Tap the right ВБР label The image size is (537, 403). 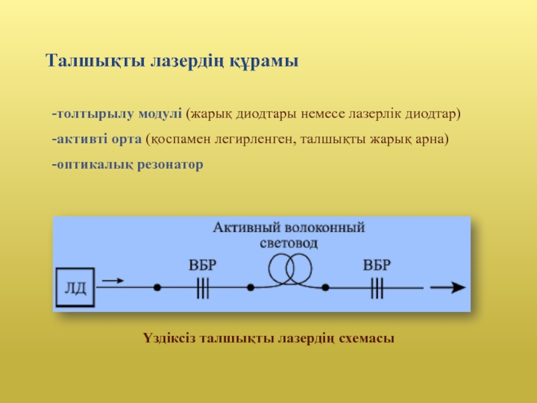[377, 264]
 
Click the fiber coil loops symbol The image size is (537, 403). [291, 269]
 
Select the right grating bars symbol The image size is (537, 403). [377, 287]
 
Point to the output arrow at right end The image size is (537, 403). [448, 287]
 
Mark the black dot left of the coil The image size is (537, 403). [250, 287]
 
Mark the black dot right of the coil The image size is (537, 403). [326, 287]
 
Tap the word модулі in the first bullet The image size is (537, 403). [160, 114]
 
